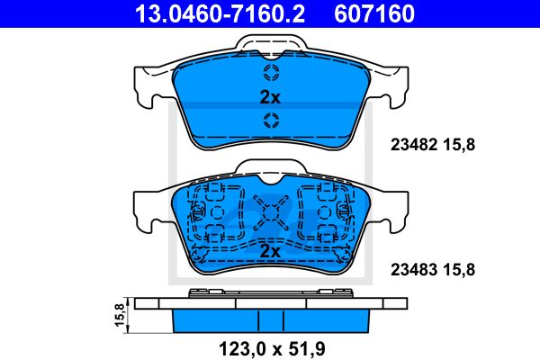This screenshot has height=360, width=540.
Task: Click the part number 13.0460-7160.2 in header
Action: pyautogui.click(x=220, y=13)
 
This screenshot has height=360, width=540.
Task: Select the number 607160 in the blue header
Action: pyautogui.click(x=374, y=13)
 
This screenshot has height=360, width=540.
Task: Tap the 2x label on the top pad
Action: pyautogui.click(x=270, y=97)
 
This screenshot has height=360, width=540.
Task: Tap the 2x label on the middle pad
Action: pyautogui.click(x=270, y=251)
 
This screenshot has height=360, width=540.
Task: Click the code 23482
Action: pyautogui.click(x=414, y=145)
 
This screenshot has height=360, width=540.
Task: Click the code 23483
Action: pyautogui.click(x=414, y=270)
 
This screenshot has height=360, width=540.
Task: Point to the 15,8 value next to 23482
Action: pyautogui.click(x=459, y=145)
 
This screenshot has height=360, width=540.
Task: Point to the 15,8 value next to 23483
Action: pyautogui.click(x=459, y=270)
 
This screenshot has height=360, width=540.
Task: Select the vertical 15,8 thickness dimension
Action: pyautogui.click(x=119, y=315)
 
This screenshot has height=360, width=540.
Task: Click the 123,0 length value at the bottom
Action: pyautogui.click(x=243, y=349)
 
